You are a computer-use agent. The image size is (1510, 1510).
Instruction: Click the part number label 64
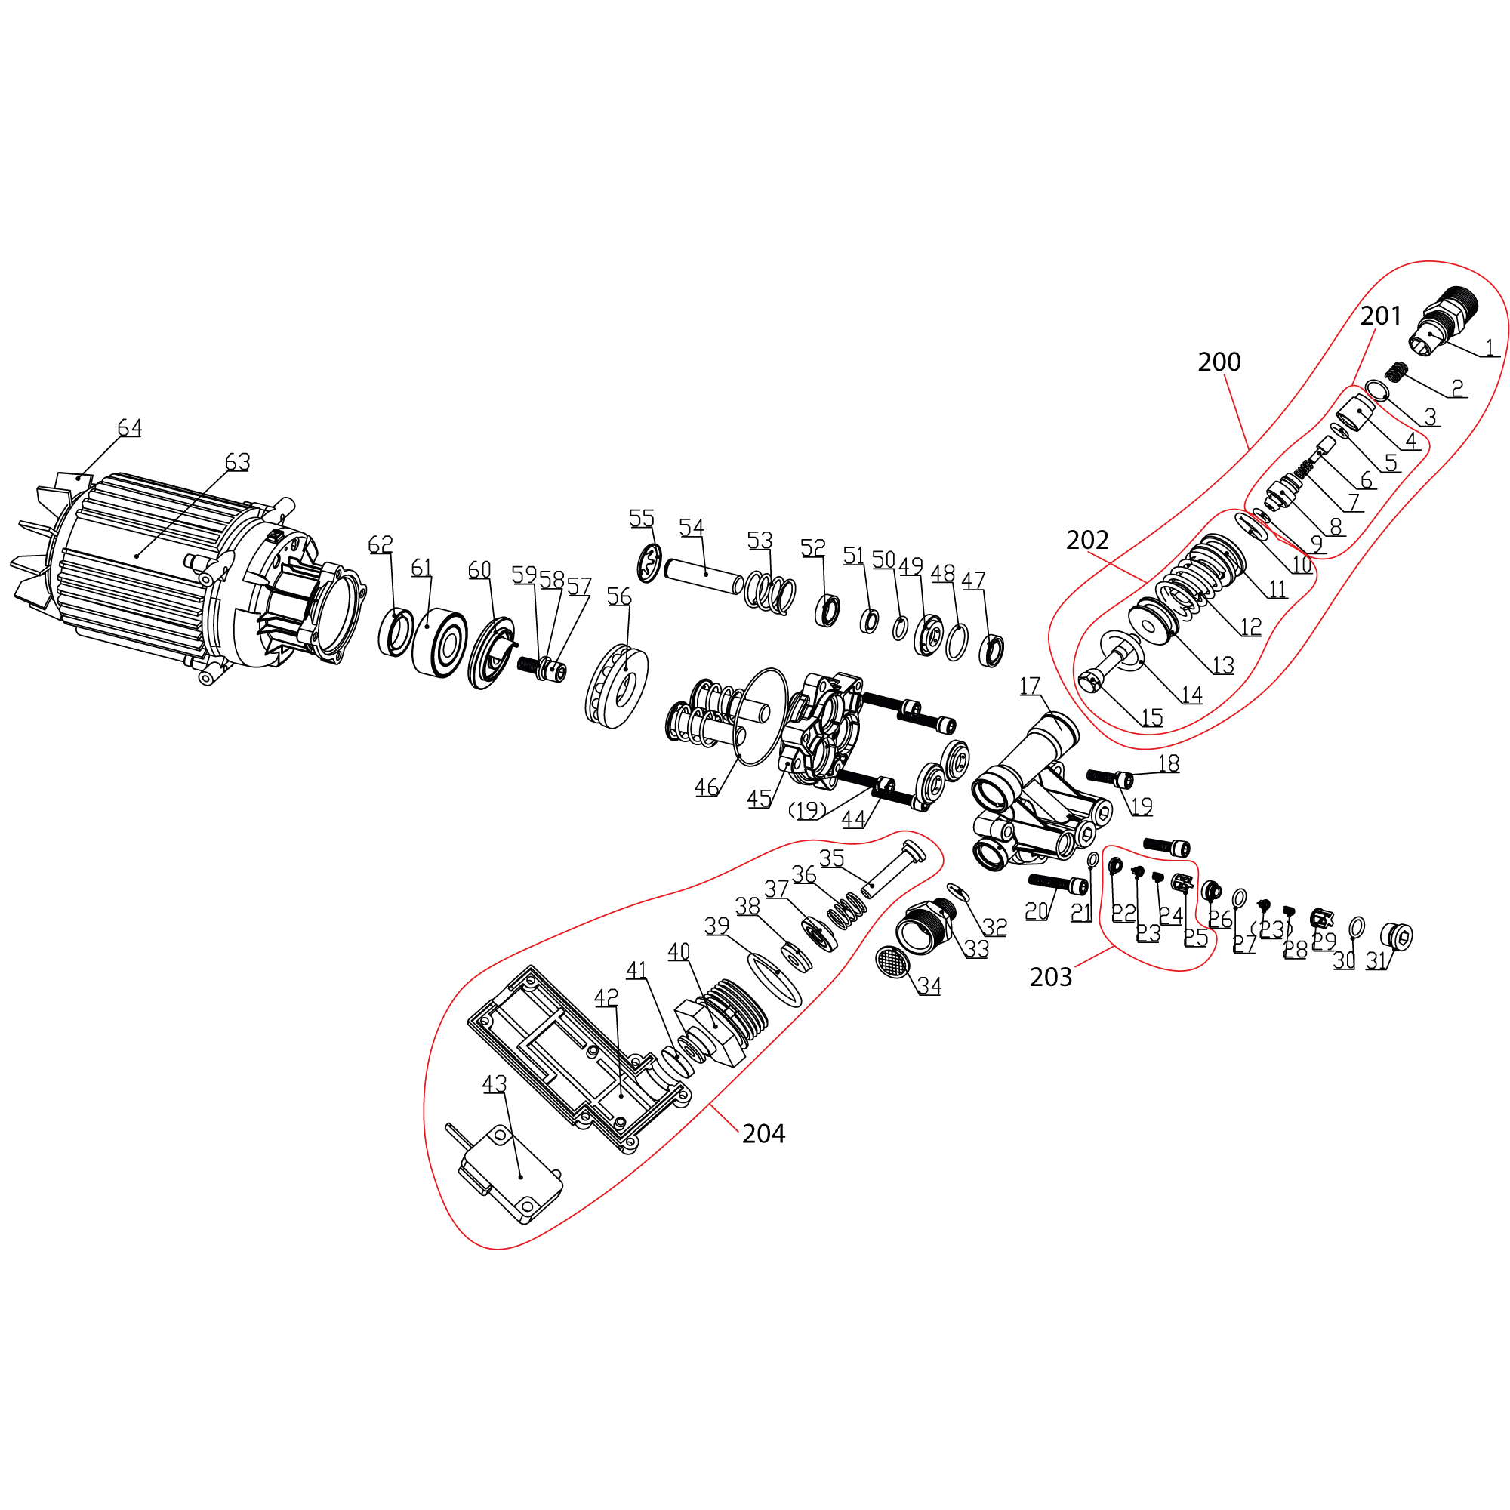click(x=130, y=427)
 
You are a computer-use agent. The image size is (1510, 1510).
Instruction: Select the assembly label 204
click(x=763, y=1133)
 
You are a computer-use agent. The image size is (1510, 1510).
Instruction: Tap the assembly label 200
click(x=1219, y=362)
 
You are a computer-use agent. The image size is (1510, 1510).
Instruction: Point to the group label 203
click(x=1050, y=977)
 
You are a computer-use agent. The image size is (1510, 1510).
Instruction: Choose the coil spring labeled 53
click(x=770, y=593)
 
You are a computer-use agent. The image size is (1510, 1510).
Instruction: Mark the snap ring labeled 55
click(x=649, y=562)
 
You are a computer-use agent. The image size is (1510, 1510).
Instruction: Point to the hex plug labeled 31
click(x=1397, y=935)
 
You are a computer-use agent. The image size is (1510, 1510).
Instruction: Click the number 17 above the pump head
click(x=1029, y=686)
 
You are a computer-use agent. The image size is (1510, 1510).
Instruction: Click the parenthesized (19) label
click(x=806, y=810)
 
